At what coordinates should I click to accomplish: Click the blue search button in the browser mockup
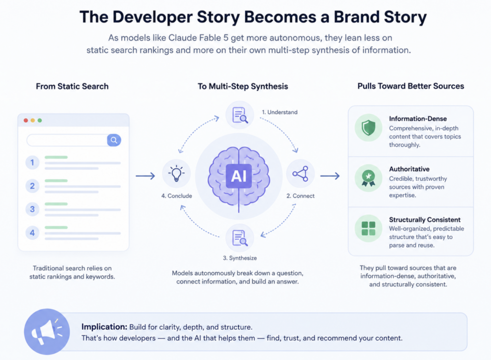coord(114,140)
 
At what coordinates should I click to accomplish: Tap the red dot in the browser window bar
coord(26,120)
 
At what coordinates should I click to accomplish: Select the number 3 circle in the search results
coord(32,209)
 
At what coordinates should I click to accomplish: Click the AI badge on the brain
coord(239,176)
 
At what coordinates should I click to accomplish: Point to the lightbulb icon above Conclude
coord(176,174)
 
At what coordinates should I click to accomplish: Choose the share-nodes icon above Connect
coord(300,174)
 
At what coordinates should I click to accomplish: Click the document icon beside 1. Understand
coord(240,115)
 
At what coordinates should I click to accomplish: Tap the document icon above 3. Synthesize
coord(240,238)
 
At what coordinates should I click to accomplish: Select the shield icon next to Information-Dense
coord(368,128)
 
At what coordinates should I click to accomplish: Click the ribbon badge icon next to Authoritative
coord(368,178)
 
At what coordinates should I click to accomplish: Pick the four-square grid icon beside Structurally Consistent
coord(368,229)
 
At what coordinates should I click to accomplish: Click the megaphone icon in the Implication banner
coord(47,332)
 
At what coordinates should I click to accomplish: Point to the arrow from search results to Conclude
coord(145,176)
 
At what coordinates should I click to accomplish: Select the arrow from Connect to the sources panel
coord(330,176)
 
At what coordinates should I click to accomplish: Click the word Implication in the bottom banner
coord(104,327)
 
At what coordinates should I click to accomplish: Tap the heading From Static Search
coord(72,86)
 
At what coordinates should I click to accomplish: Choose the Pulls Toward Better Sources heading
coord(411,86)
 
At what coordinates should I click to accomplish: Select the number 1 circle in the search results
coord(32,163)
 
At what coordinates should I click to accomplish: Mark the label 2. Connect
coord(300,196)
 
